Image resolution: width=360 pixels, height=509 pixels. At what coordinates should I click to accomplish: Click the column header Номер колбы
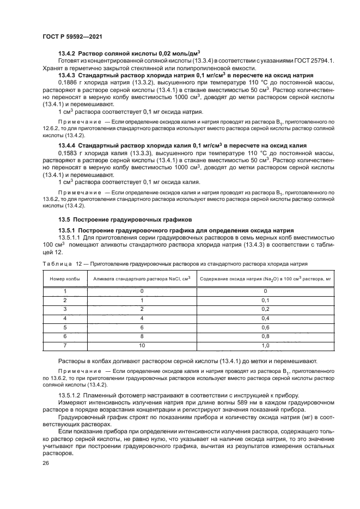[x=65, y=278]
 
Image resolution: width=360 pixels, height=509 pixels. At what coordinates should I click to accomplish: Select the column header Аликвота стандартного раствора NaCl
[x=142, y=278]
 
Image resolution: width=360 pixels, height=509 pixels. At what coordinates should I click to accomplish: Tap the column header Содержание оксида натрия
[x=265, y=278]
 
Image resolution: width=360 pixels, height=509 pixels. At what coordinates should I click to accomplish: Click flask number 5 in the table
[x=65, y=327]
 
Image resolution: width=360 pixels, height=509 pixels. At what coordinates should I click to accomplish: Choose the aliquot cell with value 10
[x=142, y=346]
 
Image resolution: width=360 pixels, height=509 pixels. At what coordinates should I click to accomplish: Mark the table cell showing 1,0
[x=265, y=346]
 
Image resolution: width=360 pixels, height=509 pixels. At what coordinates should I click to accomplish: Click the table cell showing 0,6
[x=265, y=327]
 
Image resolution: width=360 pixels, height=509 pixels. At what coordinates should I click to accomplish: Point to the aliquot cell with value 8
[x=142, y=336]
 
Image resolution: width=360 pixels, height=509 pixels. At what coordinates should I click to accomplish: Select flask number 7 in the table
[x=65, y=346]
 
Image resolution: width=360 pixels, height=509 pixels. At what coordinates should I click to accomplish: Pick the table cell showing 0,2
[x=265, y=309]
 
